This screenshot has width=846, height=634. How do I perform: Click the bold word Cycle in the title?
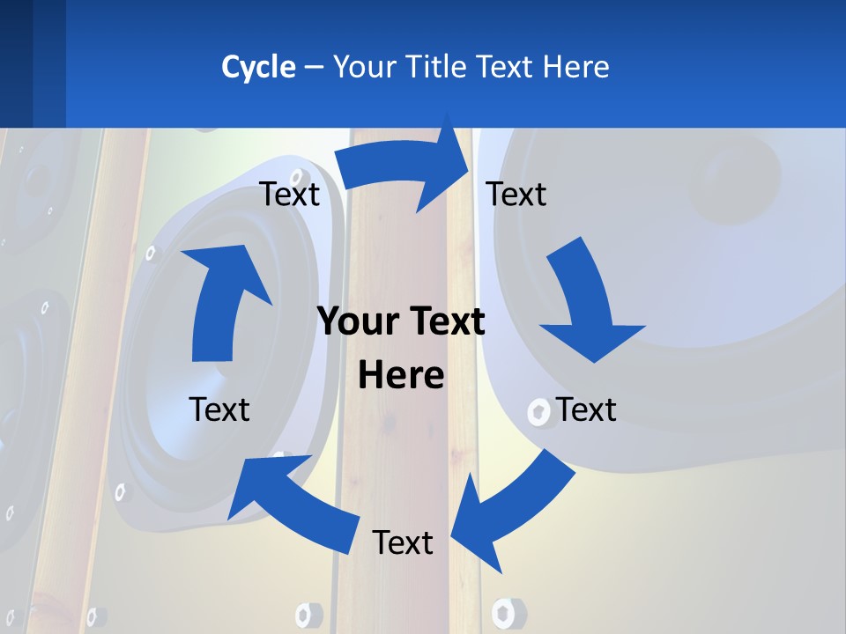[x=258, y=67]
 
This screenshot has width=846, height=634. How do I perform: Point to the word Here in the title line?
[x=575, y=67]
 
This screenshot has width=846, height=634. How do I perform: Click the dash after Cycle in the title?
[x=314, y=67]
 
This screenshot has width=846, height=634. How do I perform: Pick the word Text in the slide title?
[x=506, y=67]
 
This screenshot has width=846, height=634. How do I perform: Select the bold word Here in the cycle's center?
[x=401, y=376]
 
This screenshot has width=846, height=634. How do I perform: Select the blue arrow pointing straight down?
[x=586, y=304]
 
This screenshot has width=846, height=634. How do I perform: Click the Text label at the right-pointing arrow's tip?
[x=516, y=194]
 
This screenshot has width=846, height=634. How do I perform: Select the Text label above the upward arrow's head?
[x=289, y=194]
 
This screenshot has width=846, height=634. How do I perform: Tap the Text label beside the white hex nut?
[x=586, y=409]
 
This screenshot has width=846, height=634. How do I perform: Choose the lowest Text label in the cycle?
[x=403, y=542]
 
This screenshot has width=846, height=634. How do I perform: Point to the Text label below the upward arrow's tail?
[x=219, y=409]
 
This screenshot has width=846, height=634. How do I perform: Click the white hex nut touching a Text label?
[x=538, y=410]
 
